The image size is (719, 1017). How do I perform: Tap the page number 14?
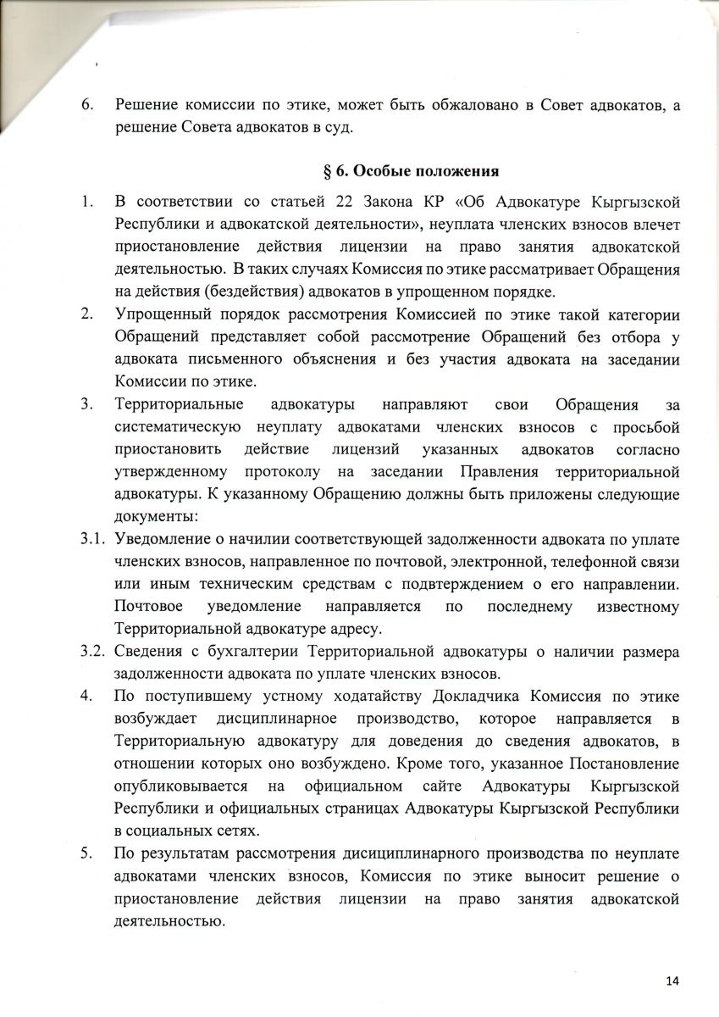pyautogui.click(x=672, y=981)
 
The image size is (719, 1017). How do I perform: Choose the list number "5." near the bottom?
pyautogui.click(x=86, y=853)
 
